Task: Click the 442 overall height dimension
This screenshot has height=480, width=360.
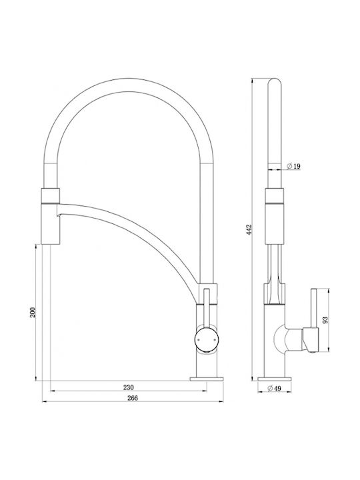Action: [x=249, y=229]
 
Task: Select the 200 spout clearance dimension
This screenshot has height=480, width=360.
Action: [x=33, y=312]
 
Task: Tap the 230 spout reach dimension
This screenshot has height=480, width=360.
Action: [x=129, y=387]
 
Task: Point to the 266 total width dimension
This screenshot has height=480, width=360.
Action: [x=132, y=397]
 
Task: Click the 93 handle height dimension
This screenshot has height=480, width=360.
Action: [x=325, y=320]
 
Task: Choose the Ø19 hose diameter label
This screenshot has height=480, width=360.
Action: [x=293, y=166]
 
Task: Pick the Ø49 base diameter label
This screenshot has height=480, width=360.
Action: [x=274, y=389]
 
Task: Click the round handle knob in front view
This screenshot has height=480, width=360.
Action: [x=207, y=339]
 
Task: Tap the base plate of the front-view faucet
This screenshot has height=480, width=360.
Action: [x=207, y=379]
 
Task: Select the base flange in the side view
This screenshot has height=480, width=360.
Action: [x=274, y=379]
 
